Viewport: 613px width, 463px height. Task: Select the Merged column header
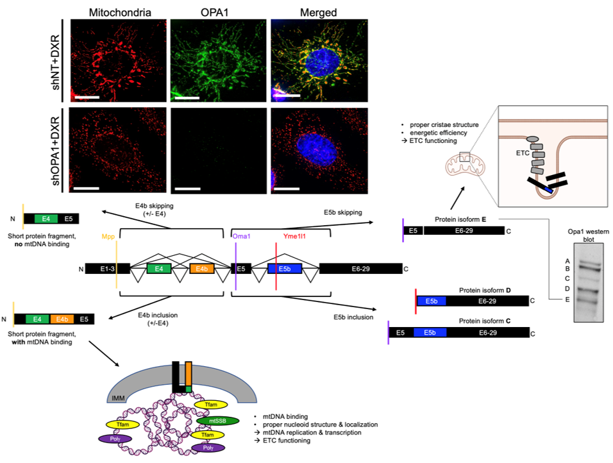(319, 12)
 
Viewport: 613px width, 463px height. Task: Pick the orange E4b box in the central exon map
(201, 269)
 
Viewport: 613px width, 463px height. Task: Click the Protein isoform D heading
(484, 290)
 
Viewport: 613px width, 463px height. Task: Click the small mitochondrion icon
(462, 167)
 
